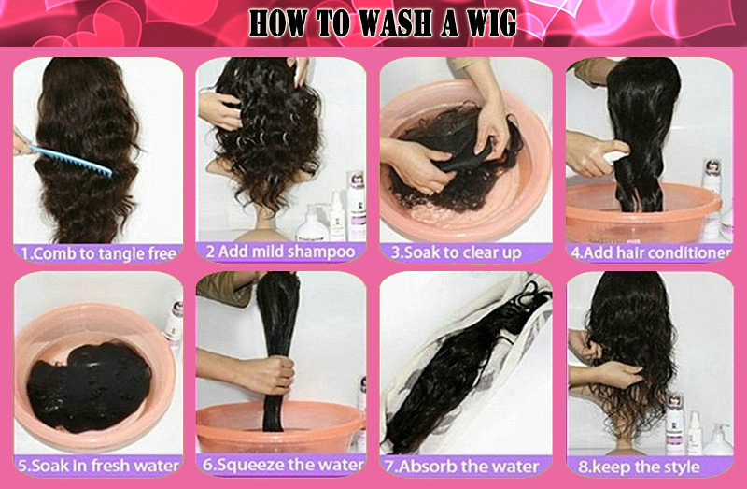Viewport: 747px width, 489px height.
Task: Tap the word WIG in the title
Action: click(491, 23)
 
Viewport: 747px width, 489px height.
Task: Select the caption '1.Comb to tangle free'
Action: click(99, 253)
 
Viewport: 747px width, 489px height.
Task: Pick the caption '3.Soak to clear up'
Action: click(457, 252)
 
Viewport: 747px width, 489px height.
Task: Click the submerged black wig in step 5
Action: click(89, 385)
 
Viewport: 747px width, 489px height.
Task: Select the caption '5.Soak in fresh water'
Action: click(98, 466)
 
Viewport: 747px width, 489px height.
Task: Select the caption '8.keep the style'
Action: click(639, 467)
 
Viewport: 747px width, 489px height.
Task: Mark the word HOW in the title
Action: click(277, 23)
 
